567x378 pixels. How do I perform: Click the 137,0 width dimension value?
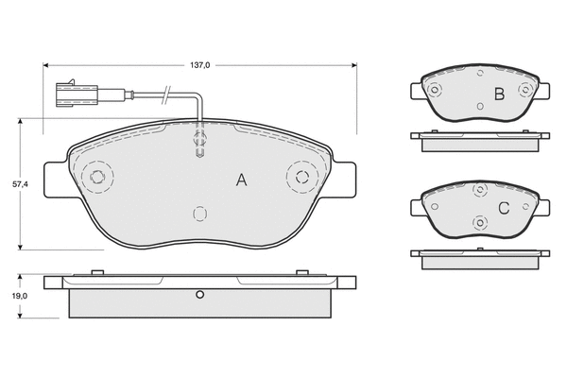(200, 65)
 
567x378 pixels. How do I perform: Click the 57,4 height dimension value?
(20, 184)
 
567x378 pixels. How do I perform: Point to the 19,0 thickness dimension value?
(20, 296)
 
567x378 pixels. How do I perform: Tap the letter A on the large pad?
(241, 180)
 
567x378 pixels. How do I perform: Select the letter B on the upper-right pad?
(499, 94)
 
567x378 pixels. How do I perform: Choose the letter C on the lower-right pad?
(504, 208)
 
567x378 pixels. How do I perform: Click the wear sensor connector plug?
(77, 94)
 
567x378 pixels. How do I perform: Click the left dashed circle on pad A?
(97, 177)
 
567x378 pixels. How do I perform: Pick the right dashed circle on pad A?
(302, 177)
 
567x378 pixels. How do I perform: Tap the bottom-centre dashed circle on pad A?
(199, 214)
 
